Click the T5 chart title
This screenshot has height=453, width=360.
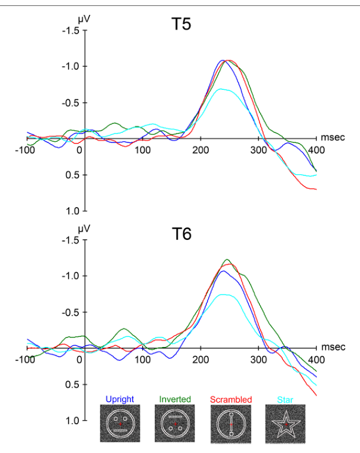pos(181,24)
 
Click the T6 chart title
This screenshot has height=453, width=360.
pos(182,234)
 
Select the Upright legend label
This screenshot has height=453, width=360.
pos(120,399)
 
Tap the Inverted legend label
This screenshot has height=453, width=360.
pos(175,399)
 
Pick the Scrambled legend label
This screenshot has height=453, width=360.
pos(231,400)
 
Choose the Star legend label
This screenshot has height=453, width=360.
pos(285,400)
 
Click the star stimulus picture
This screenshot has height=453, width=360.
pos(285,424)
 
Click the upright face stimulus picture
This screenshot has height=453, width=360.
pos(120,423)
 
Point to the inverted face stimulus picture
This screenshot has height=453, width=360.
pos(175,423)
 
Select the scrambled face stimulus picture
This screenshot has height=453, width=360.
pos(231,424)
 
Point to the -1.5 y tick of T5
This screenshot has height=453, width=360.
pos(71,31)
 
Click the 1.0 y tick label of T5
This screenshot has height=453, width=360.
pos(72,211)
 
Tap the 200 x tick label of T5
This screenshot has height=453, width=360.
pos(201,150)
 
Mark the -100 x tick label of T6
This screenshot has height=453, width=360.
pos(25,360)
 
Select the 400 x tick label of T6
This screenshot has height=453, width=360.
pos(316,360)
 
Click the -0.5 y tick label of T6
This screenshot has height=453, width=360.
pos(71,312)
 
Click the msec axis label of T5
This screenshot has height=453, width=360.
pos(333,137)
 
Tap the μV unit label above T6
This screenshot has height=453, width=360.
pos(84,229)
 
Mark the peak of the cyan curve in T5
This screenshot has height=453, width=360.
pos(221,89)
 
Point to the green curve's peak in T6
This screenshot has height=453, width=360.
pos(227,260)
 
